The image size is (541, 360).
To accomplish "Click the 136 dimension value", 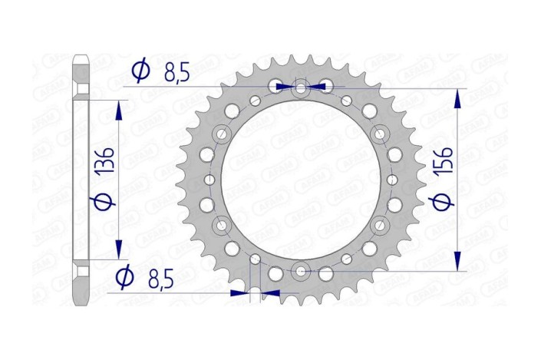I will [x=106, y=163].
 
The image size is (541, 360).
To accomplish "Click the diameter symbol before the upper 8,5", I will [x=141, y=71].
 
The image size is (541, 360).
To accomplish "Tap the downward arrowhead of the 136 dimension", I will [x=118, y=250].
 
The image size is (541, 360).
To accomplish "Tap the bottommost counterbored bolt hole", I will [x=301, y=269].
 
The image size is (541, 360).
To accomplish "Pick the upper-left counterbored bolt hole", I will [x=223, y=133].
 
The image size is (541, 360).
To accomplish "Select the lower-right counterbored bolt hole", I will [x=379, y=224].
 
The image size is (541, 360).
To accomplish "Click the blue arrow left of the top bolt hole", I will [x=283, y=86].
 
